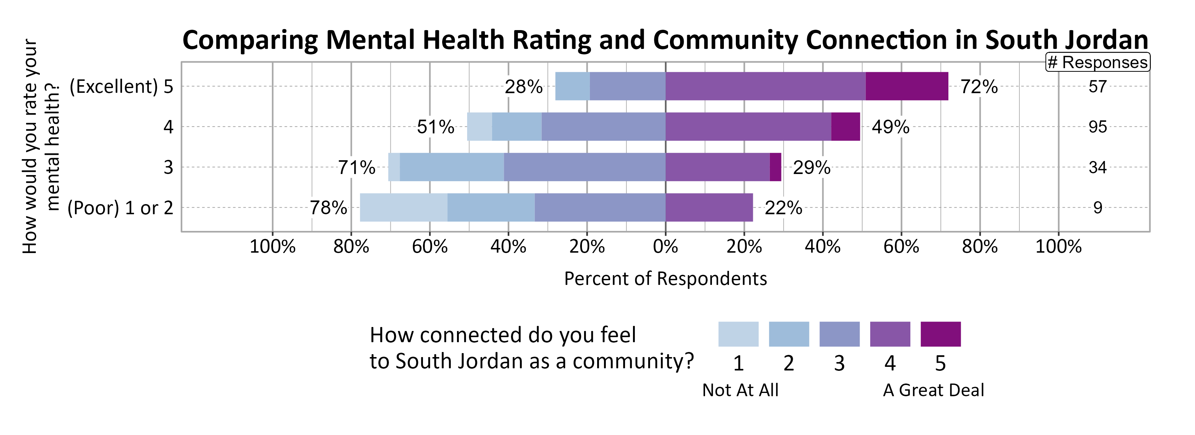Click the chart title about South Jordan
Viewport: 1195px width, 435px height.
coord(665,40)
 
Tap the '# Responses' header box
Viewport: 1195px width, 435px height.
coord(1097,62)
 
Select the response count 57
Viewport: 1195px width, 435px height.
coord(1097,87)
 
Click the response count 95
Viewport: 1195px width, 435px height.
coord(1097,127)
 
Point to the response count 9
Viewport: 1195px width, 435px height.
coord(1097,207)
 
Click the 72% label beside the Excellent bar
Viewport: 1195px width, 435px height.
coord(978,87)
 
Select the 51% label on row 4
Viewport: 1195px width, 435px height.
coord(435,127)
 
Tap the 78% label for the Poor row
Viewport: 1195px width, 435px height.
coord(328,207)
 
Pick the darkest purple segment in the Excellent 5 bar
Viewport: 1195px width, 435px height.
coord(906,86)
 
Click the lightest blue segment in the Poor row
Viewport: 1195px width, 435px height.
coord(404,207)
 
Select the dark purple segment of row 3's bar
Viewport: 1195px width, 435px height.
coord(775,167)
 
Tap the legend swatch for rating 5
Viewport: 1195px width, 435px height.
coord(940,334)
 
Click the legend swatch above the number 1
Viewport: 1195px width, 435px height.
coord(738,334)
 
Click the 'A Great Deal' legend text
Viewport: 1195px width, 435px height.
coord(933,390)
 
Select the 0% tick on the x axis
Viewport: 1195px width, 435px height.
coord(665,246)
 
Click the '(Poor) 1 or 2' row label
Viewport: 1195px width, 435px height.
coord(120,208)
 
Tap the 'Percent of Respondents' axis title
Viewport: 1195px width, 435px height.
coord(665,278)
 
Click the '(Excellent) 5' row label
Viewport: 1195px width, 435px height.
coord(121,87)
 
